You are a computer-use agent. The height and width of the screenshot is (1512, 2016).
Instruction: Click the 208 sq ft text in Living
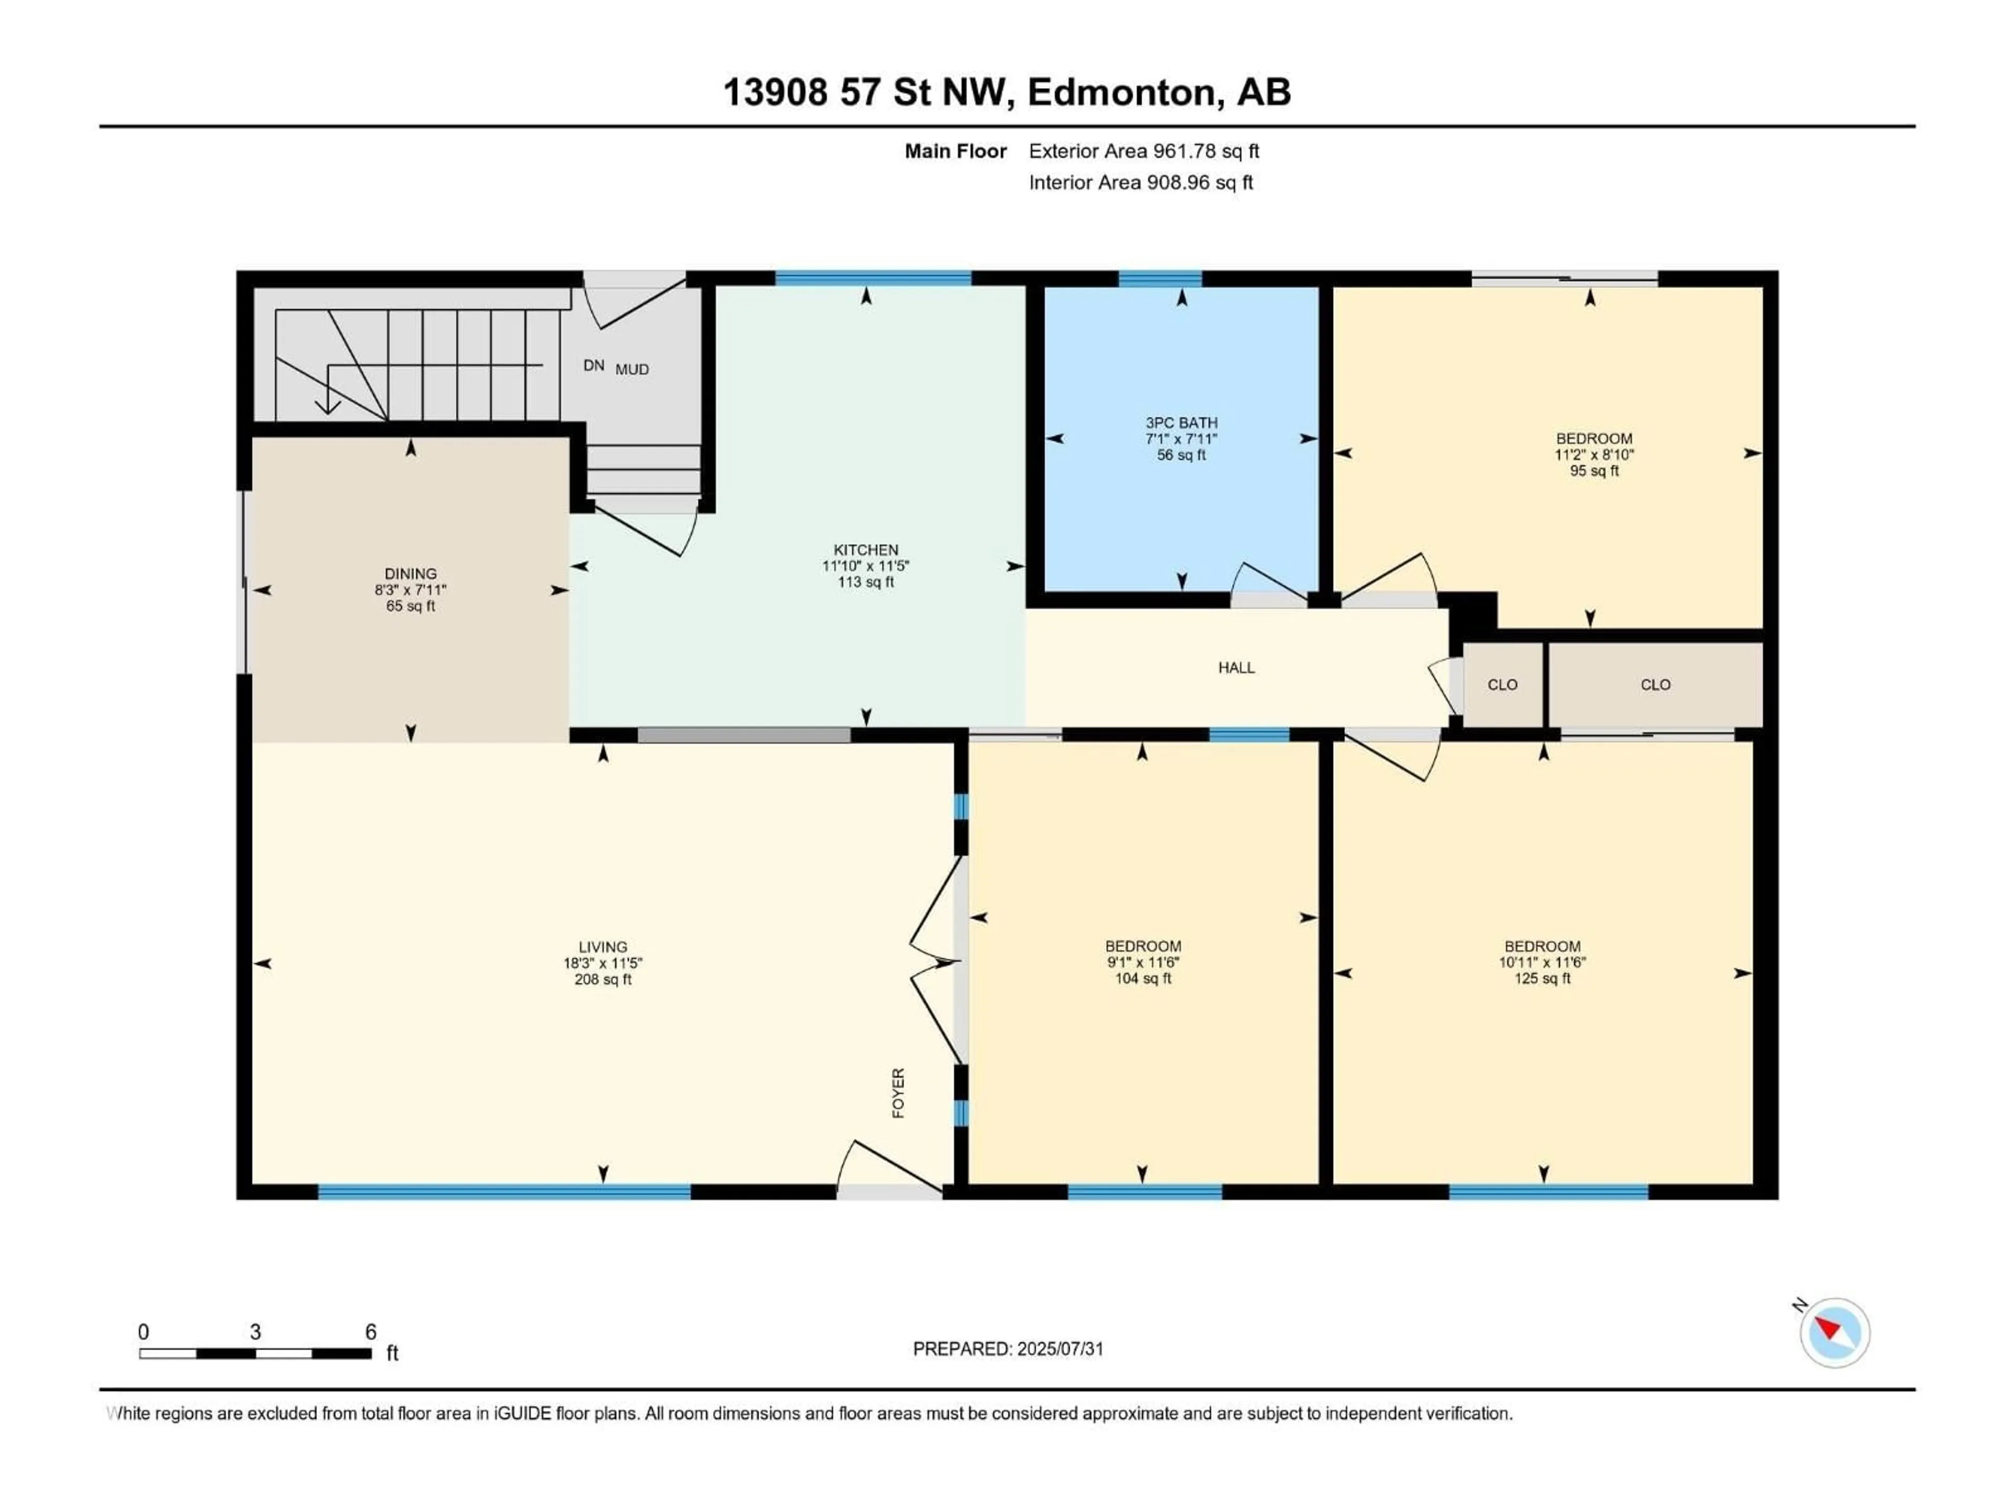(x=602, y=980)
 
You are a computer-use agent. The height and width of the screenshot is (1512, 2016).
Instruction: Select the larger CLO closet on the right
(x=1655, y=685)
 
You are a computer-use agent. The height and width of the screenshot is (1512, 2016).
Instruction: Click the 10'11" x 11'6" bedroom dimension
(x=1542, y=962)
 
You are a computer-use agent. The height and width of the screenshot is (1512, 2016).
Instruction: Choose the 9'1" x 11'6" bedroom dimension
(x=1143, y=962)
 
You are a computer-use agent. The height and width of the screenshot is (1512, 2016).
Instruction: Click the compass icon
(x=1835, y=1332)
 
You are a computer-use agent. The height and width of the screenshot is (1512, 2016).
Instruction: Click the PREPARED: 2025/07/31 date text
(x=1008, y=1349)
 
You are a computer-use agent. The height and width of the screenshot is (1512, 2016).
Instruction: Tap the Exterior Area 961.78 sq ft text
(x=1144, y=151)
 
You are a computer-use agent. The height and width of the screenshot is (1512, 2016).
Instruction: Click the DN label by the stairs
(x=593, y=365)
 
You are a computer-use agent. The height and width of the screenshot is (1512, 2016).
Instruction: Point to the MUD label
(x=632, y=369)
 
